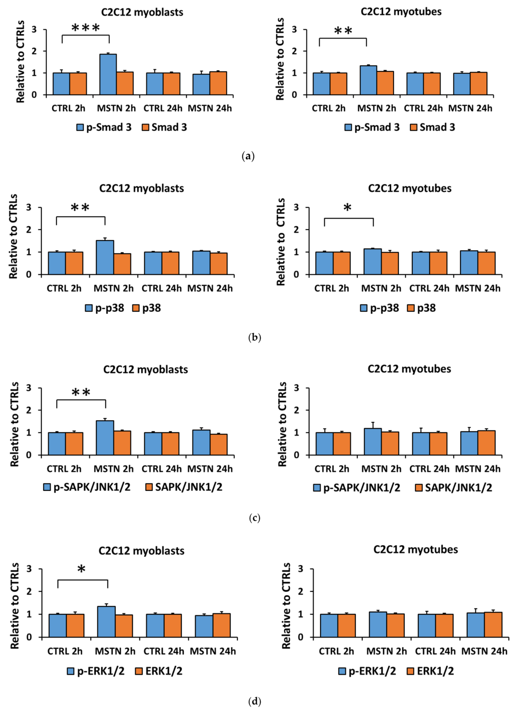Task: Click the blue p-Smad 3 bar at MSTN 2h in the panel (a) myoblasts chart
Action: pyautogui.click(x=108, y=74)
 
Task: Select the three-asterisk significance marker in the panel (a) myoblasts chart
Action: pyautogui.click(x=86, y=28)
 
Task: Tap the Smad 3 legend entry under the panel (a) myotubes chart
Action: pyautogui.click(x=432, y=127)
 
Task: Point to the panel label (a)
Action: pyautogui.click(x=248, y=156)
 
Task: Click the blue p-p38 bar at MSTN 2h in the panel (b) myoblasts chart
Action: pyautogui.click(x=105, y=257)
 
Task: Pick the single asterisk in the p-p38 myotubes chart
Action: pyautogui.click(x=347, y=207)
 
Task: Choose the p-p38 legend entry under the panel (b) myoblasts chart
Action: pyautogui.click(x=105, y=308)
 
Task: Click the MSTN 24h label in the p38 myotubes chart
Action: pyautogui.click(x=477, y=288)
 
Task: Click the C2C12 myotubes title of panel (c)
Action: pyautogui.click(x=409, y=369)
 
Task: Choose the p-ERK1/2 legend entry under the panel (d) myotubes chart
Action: pyautogui.click(x=367, y=671)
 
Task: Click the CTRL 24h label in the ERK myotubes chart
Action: pyautogui.click(x=435, y=651)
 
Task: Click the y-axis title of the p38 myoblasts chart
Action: pyautogui.click(x=13, y=237)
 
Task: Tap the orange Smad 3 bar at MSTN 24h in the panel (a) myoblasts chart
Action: pyautogui.click(x=218, y=83)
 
